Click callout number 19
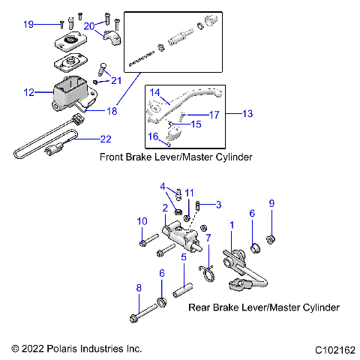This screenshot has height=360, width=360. coord(28,25)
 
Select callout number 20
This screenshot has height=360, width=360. coord(89,25)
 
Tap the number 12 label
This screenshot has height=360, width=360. coord(28,93)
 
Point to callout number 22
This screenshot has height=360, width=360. coord(105,139)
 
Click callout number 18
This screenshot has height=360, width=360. coord(112,111)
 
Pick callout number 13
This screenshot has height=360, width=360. coord(249,114)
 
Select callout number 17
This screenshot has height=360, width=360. coord(214,115)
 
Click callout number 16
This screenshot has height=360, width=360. coord(153,136)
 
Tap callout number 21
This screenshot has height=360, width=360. coord(116,80)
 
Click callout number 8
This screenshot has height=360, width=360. coord(138,287)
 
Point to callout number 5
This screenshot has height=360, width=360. coord(183,257)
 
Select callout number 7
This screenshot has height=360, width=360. coord(208,238)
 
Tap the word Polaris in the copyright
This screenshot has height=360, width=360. coord(77,349)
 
